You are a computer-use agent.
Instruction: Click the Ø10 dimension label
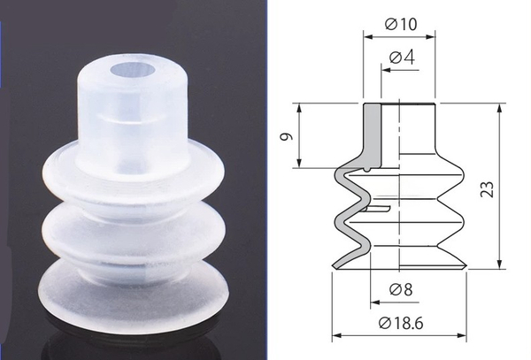[401, 24]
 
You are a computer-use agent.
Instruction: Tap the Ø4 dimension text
[402, 57]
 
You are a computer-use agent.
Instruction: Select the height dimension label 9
[286, 136]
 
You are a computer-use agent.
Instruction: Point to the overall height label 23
[487, 189]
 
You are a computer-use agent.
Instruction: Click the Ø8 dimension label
[401, 289]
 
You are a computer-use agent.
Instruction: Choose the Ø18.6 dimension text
[401, 323]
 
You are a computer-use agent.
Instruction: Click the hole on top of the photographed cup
[133, 71]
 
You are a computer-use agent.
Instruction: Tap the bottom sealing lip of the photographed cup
[134, 298]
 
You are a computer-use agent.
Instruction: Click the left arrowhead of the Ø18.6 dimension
[336, 335]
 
